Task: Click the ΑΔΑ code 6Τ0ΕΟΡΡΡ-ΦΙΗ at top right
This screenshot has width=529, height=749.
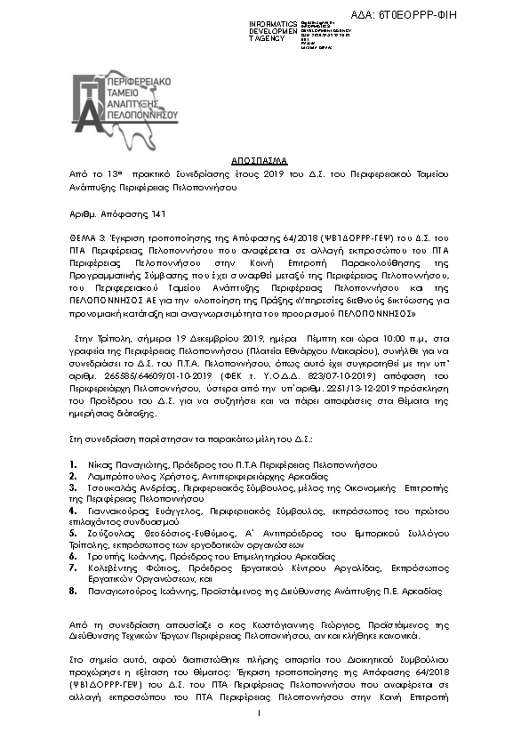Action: pyautogui.click(x=467, y=16)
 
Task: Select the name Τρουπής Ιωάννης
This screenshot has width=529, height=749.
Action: pyautogui.click(x=119, y=556)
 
